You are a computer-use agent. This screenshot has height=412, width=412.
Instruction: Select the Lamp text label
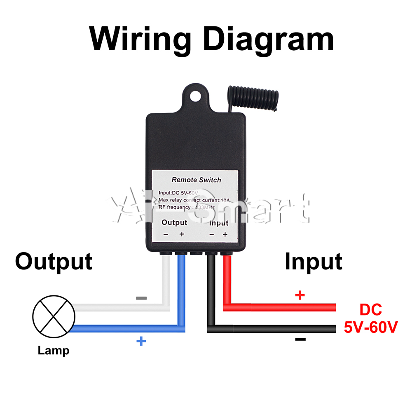[x=54, y=351]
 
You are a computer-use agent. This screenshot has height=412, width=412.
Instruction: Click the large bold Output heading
[x=54, y=262]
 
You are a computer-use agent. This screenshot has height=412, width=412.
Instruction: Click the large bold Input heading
[x=314, y=262]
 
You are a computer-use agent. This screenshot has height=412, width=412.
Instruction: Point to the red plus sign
[x=300, y=295]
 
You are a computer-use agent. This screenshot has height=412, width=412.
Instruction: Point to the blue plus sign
[x=141, y=341]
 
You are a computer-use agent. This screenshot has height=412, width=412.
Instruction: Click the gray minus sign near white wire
[x=141, y=298]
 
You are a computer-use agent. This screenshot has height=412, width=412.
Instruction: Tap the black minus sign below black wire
[x=300, y=339]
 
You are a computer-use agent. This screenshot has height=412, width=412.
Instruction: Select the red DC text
[x=371, y=309]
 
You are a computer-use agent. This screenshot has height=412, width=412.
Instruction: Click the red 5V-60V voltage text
[x=371, y=328]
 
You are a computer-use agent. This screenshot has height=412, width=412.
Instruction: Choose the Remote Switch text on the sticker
[x=196, y=180]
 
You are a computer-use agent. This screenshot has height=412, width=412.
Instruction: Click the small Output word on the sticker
[x=174, y=222]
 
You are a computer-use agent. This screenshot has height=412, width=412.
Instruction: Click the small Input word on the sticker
[x=219, y=223]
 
